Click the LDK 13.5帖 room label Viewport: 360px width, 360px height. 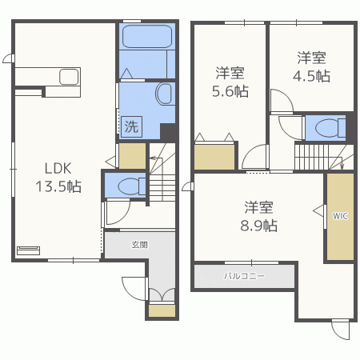(58, 178)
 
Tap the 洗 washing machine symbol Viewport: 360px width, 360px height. (131, 126)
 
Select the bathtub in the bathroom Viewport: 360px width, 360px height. (147, 37)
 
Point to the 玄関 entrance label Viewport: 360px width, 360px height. (139, 245)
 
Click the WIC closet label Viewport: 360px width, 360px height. (340, 216)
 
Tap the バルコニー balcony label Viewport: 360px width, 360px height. (245, 276)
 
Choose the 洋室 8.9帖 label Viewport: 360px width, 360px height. (259, 217)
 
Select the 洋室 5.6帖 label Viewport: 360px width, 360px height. (230, 82)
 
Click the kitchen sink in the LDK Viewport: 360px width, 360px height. (69, 77)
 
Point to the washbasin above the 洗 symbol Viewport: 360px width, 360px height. (163, 94)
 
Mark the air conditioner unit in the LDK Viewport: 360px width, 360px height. (29, 250)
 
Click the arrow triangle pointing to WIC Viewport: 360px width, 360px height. (319, 211)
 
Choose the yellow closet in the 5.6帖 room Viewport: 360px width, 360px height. (214, 157)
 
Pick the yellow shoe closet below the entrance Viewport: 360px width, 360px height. (162, 310)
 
